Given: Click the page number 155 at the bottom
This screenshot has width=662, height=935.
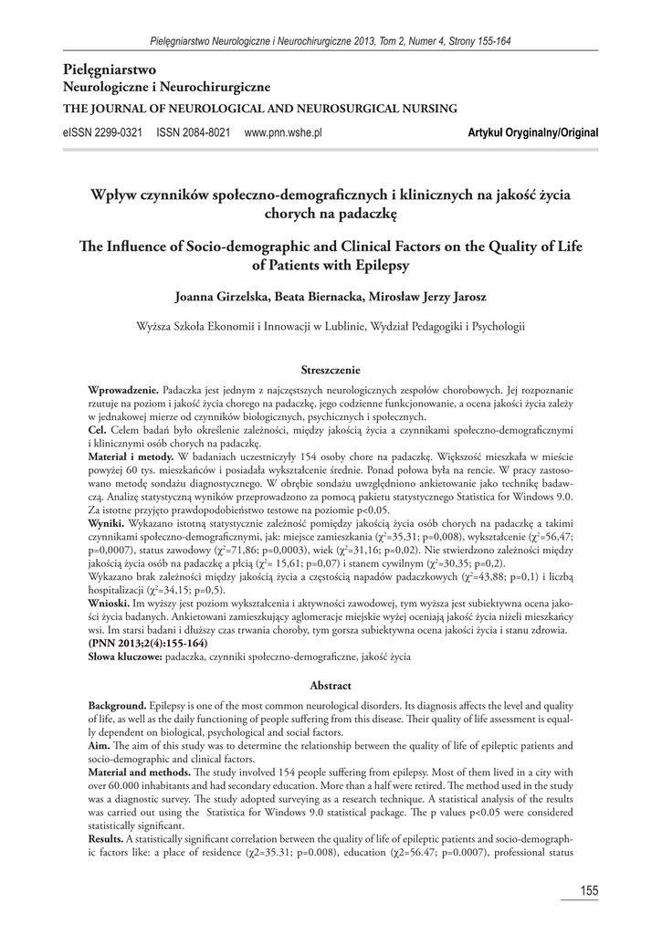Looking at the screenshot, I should coord(587,890).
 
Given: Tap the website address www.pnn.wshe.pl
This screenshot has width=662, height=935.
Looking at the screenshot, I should coord(283,132).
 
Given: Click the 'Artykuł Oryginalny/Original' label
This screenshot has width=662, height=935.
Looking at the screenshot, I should coord(532,132).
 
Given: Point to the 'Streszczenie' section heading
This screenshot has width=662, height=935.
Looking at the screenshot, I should coord(331,370).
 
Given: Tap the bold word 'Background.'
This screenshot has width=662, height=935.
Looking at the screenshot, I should coord(118,706).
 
